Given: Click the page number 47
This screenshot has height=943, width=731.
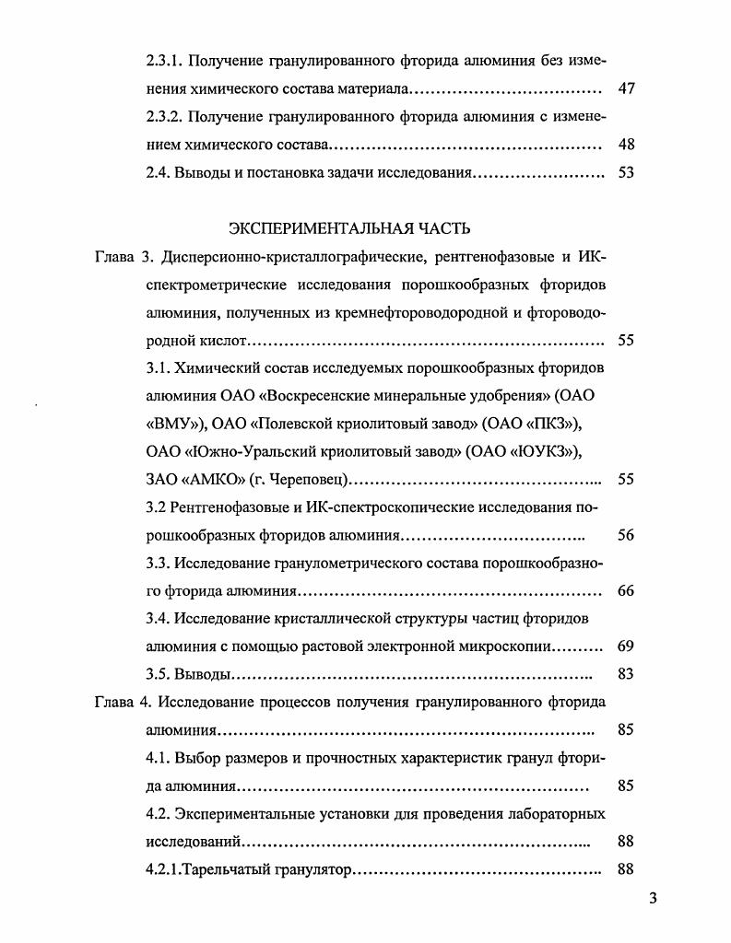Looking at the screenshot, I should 626,89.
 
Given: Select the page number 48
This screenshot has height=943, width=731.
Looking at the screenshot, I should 626,145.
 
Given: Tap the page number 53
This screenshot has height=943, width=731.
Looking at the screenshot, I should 626,172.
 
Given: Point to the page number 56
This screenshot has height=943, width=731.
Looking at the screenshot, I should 626,535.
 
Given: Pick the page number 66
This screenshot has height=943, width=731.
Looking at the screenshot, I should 626,590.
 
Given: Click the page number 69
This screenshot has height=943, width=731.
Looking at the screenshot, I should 626,646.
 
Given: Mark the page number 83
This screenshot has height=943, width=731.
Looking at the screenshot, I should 626,673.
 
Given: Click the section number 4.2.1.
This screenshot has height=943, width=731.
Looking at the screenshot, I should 166,868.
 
